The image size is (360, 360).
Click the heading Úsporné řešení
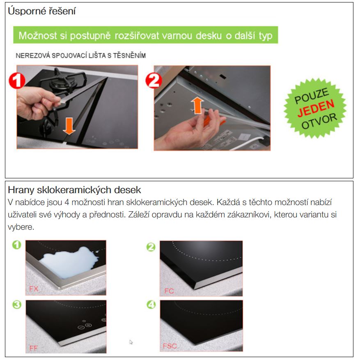(x=41, y=11)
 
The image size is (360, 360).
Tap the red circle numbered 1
(x=17, y=81)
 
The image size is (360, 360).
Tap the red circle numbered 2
(x=154, y=81)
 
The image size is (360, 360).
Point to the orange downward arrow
(x=69, y=126)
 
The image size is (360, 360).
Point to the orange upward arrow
(x=197, y=105)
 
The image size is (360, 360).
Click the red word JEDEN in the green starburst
(x=316, y=108)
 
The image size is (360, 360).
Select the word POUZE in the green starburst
(x=312, y=96)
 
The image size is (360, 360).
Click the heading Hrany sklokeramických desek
(x=74, y=190)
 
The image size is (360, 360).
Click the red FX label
(x=34, y=289)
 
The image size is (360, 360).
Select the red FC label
(x=169, y=291)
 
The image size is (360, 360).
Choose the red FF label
(x=34, y=348)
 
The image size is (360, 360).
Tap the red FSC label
(x=170, y=346)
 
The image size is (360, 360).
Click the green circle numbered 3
(x=17, y=305)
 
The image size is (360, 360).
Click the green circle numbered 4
(x=151, y=305)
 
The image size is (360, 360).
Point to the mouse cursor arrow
(x=131, y=342)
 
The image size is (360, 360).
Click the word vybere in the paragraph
(x=20, y=227)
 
